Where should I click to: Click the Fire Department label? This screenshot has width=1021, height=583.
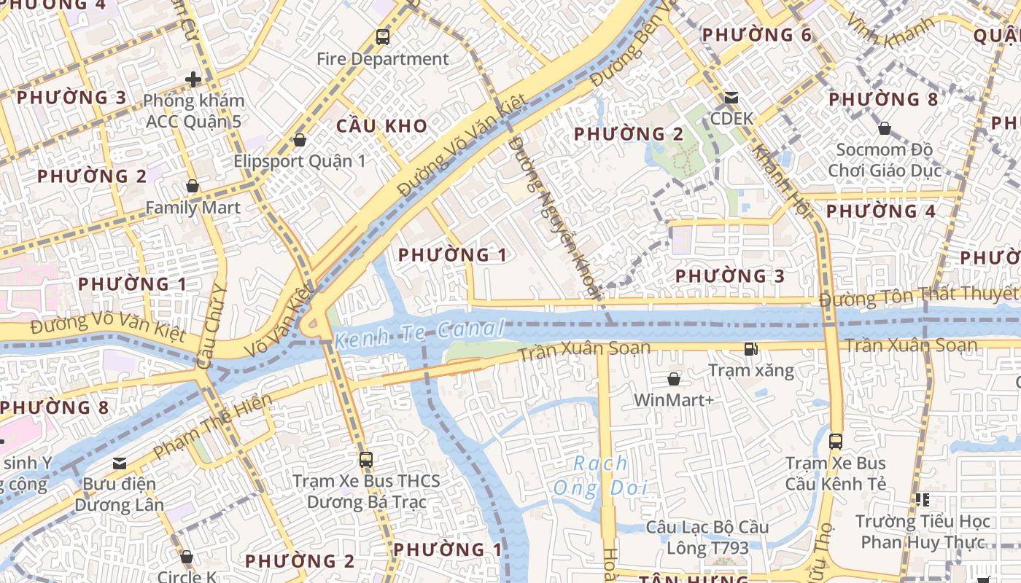click(382, 59)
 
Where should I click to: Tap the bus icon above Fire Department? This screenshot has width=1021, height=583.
click(382, 36)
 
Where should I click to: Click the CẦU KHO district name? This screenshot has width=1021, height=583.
click(381, 126)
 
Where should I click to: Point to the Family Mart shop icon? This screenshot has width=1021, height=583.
click(193, 187)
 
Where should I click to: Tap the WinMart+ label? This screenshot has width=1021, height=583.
click(674, 400)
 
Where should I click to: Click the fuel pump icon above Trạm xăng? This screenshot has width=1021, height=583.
click(750, 349)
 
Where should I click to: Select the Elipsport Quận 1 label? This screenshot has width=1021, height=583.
click(300, 161)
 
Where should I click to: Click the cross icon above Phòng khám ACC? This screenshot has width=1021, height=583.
click(193, 79)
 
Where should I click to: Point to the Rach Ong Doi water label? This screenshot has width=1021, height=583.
click(600, 476)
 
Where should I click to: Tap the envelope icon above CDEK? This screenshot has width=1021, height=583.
click(731, 98)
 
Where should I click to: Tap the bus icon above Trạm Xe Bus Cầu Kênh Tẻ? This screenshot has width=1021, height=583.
click(835, 442)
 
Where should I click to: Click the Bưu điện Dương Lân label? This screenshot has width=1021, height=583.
click(119, 494)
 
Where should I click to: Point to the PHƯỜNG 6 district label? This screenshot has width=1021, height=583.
click(756, 35)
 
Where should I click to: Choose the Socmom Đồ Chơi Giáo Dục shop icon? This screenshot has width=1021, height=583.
click(884, 129)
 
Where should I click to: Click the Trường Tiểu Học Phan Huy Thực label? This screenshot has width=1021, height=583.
click(923, 531)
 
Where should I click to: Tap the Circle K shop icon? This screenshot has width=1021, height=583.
click(187, 557)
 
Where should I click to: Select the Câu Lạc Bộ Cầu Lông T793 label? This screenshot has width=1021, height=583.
click(707, 537)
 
